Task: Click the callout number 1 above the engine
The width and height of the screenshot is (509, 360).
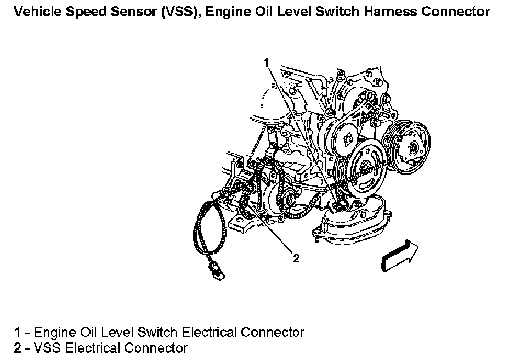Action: (267, 63)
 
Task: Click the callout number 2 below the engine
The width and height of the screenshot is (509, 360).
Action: (296, 258)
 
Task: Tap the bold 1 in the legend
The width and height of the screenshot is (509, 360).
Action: (18, 332)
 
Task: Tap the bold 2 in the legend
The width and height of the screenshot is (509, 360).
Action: (18, 348)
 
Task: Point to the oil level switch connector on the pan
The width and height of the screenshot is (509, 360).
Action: (341, 206)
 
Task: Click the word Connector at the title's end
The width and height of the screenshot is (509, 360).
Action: (459, 11)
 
